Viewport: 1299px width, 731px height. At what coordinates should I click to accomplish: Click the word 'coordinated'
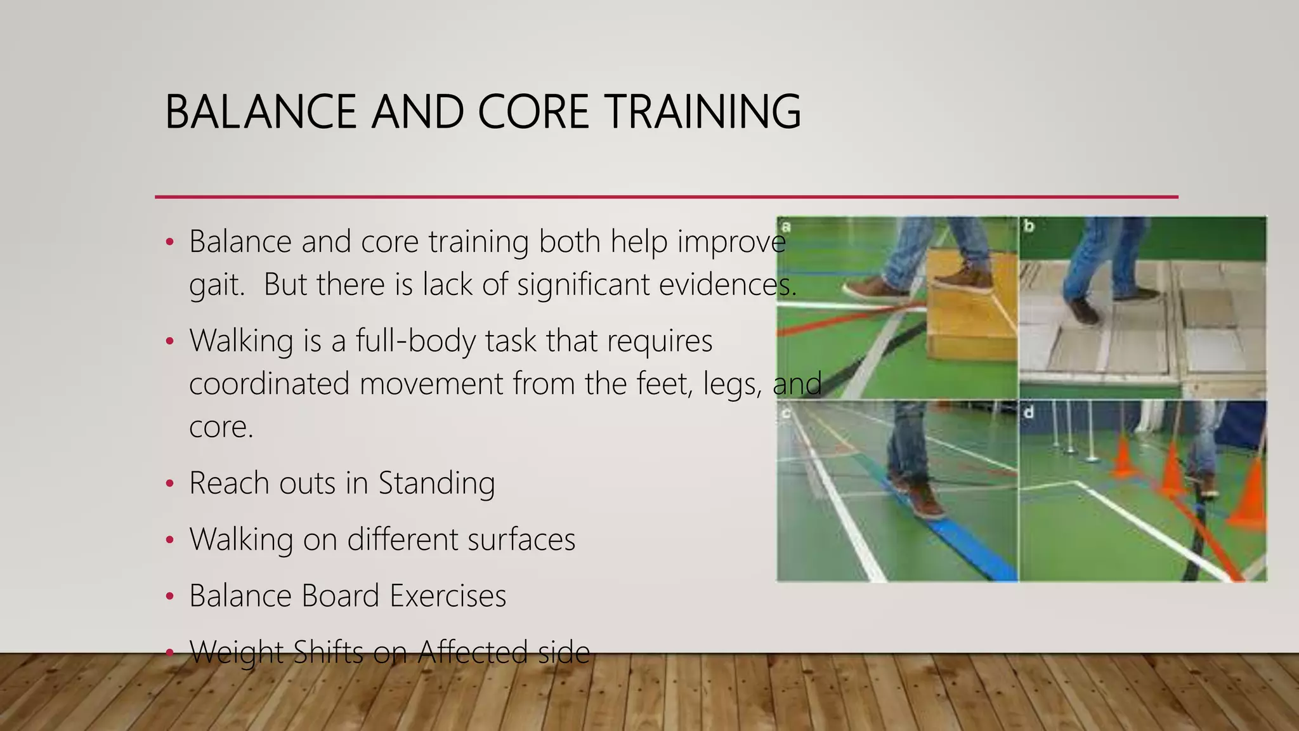(x=269, y=384)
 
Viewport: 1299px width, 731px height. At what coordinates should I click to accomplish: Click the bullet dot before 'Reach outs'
(x=169, y=484)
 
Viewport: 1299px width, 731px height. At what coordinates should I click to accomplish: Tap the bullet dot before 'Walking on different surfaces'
(x=169, y=541)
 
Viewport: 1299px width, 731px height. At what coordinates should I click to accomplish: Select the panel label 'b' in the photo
(x=1029, y=226)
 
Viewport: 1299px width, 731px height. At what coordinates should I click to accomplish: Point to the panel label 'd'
(x=1029, y=412)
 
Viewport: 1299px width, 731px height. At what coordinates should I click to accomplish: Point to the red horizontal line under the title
(x=666, y=197)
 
